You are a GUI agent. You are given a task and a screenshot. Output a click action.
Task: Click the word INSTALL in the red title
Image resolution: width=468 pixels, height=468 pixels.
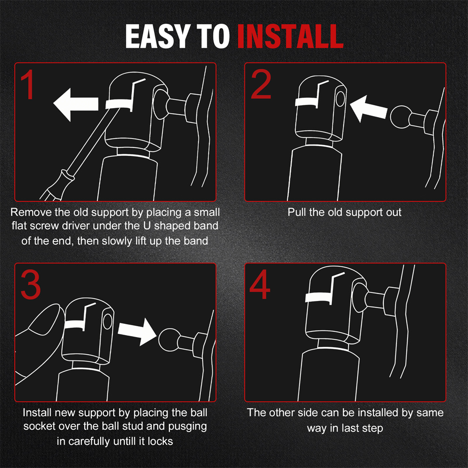pos(291,36)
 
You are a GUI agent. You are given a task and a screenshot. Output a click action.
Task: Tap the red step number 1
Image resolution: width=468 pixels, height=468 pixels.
pos(28,85)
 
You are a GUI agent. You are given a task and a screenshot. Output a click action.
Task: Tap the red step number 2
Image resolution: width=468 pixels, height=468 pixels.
pos(261,84)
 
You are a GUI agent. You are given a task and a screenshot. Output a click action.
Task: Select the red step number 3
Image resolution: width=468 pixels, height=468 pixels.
pos(30,285)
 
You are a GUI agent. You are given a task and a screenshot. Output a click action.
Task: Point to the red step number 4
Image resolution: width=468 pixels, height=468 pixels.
pos(260,284)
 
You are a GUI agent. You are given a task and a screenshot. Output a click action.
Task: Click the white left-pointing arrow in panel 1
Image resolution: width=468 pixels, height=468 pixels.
pos(76,105)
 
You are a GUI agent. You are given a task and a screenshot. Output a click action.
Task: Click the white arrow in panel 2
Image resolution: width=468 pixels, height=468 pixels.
pos(368,109)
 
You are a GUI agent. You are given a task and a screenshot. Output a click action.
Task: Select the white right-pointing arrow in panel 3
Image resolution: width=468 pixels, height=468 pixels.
pos(137,332)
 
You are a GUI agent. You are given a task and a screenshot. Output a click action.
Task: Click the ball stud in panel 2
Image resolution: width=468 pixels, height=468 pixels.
pos(401,117)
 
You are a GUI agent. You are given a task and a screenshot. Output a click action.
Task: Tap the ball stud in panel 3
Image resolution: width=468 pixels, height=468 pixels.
pos(169,340)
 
